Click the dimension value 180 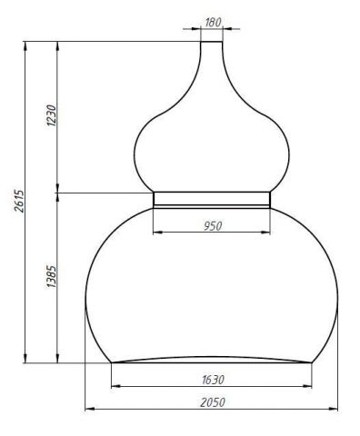pos(213,23)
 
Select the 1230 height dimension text pos(52,115)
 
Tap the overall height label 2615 pos(19,201)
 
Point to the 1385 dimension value pos(52,277)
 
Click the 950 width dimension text pos(213,226)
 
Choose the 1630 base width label pos(213,380)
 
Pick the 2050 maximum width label pos(213,402)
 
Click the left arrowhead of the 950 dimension pos(158,233)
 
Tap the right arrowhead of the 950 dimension pos(265,233)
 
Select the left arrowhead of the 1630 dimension pos(116,386)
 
